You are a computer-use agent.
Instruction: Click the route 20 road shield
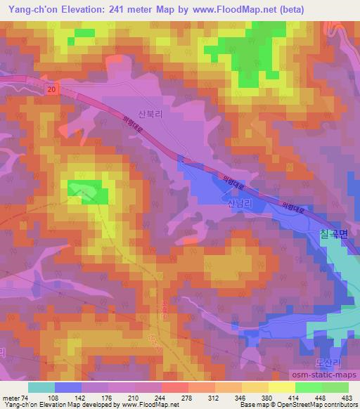coord(53,89)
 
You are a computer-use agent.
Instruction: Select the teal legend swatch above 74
coord(41,387)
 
